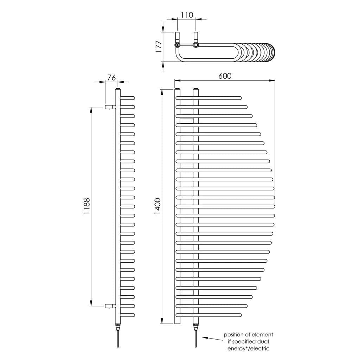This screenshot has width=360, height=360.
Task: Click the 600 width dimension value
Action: [x=225, y=76]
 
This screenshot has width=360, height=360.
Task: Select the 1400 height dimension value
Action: [x=158, y=206]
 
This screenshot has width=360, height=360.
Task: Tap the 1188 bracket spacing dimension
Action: [x=86, y=206]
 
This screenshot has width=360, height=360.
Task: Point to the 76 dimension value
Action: [x=111, y=78]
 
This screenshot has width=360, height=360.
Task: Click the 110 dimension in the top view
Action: [x=187, y=15]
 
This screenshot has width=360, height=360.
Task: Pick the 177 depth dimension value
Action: [x=159, y=47]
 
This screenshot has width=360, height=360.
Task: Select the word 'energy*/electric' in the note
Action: [x=248, y=348]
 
